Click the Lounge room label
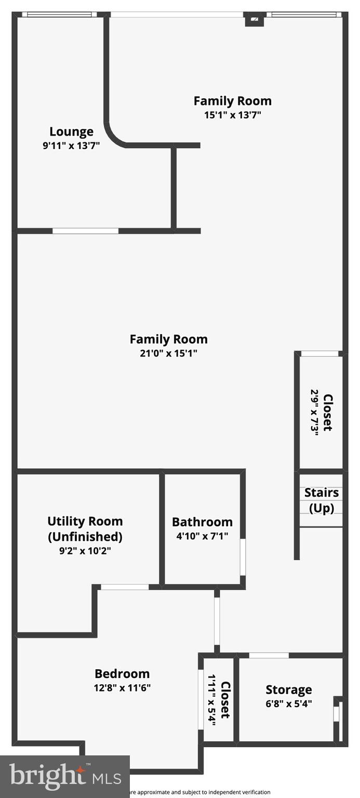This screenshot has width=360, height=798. click(71, 132)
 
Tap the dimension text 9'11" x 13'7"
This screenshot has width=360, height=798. click(71, 146)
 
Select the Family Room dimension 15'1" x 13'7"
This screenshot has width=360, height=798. click(232, 115)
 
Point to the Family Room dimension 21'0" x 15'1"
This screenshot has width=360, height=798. click(168, 353)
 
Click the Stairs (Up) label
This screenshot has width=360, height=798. click(322, 500)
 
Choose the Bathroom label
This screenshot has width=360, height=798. click(202, 522)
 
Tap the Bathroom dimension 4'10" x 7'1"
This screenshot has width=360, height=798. click(202, 535)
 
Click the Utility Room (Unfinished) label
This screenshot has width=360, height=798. click(85, 528)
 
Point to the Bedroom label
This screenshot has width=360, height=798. click(122, 674)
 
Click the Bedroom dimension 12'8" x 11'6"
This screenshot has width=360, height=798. click(122, 688)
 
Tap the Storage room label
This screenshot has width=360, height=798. click(289, 690)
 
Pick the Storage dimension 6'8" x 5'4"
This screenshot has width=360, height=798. click(289, 704)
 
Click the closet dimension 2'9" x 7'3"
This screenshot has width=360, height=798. click(314, 413)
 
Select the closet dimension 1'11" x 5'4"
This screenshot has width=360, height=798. click(212, 700)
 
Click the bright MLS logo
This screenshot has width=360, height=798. click(65, 777)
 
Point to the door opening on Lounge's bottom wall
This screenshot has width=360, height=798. click(86, 231)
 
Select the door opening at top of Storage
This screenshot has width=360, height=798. click(269, 656)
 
